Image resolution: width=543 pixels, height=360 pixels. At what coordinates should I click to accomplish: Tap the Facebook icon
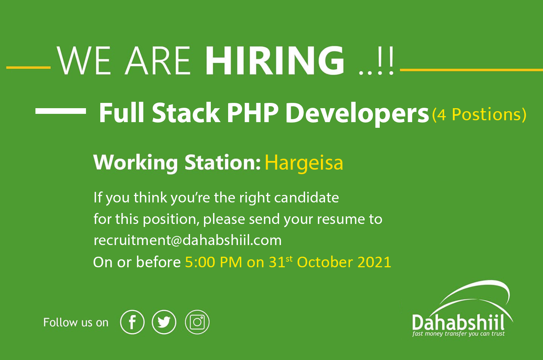[x=132, y=322]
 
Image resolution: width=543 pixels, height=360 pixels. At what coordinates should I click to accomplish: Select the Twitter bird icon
[x=164, y=322]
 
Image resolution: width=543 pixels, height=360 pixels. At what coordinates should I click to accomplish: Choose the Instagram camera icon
[x=197, y=322]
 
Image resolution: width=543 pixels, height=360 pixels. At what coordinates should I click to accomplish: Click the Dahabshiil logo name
[x=458, y=322]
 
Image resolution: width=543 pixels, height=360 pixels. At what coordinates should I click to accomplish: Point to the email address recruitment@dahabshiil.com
[x=188, y=241]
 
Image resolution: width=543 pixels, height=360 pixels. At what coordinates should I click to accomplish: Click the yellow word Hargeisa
[x=304, y=164]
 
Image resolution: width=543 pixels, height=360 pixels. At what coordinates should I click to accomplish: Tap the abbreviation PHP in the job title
[x=253, y=113]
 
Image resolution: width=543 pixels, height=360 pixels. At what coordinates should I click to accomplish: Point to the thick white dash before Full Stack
[x=61, y=111]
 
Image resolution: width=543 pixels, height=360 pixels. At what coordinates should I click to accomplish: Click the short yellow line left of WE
[x=28, y=67]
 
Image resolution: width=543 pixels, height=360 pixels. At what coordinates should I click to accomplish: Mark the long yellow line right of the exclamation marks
[x=471, y=70]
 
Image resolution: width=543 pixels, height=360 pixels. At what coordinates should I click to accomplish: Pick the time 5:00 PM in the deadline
[x=213, y=262]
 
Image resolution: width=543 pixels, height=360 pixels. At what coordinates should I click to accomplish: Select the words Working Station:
[x=177, y=163]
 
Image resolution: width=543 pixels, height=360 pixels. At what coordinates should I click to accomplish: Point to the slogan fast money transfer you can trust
[x=458, y=334]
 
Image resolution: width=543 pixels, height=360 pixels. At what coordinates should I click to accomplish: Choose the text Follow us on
[x=76, y=323]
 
